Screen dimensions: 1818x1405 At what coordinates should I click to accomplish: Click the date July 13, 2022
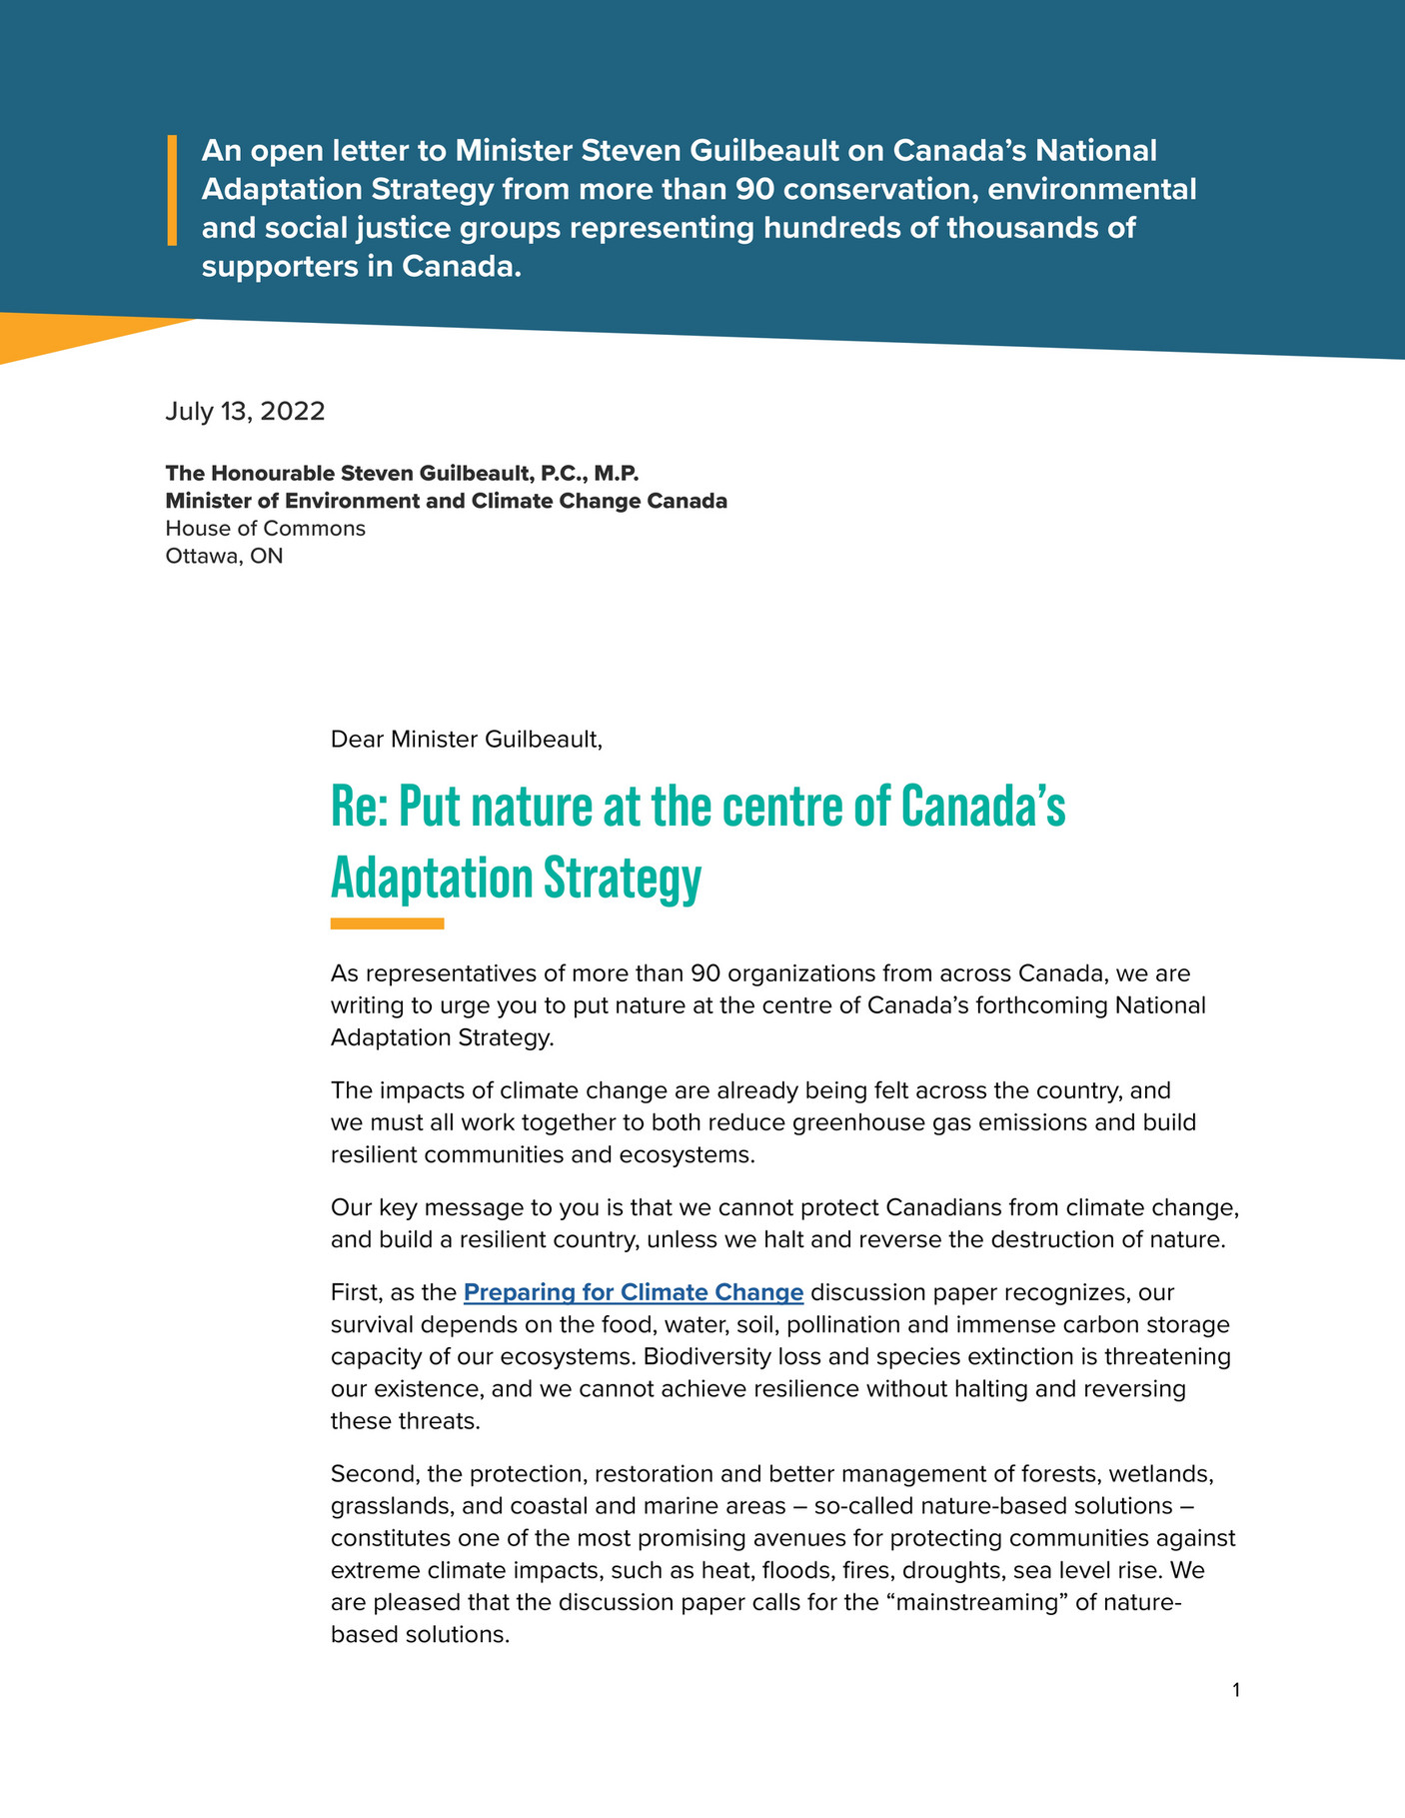coord(245,412)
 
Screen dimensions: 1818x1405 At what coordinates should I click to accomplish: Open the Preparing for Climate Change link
coord(634,1292)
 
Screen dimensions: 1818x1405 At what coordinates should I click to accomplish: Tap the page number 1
coord(1236,1690)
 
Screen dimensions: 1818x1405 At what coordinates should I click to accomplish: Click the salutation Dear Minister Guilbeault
coord(466,740)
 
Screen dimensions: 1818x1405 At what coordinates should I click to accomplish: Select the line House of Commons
coord(265,528)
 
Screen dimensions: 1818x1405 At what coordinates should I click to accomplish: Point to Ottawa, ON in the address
coord(224,556)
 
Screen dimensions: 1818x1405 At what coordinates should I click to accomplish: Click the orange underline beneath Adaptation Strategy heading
coord(387,923)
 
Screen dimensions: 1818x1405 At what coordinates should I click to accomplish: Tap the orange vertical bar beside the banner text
coord(172,190)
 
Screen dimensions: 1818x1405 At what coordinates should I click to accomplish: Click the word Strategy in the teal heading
coord(622,880)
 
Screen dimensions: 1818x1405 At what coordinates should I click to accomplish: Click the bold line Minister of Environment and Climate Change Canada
coord(446,501)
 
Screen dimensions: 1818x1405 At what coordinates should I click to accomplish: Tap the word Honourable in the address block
coord(270,473)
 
